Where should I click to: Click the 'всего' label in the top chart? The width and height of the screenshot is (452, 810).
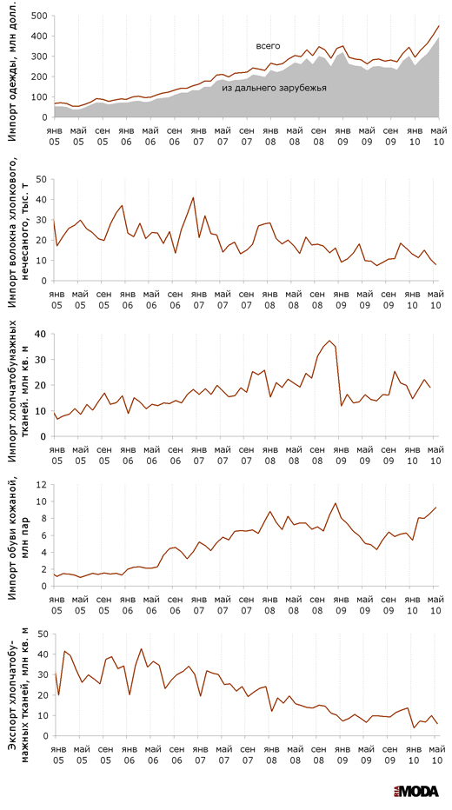coord(268,46)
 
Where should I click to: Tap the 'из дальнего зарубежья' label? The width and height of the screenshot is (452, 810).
coord(275,89)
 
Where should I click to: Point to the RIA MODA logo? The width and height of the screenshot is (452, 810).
coord(415,791)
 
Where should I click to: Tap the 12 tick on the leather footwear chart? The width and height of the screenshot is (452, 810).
coord(42,485)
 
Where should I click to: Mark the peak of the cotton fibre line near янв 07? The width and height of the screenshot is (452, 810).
coord(193,197)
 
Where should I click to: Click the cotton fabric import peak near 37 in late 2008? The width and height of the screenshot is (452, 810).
coord(329,341)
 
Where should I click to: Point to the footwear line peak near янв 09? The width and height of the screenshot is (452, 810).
coord(336,503)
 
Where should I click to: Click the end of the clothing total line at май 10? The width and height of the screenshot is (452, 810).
coord(439,26)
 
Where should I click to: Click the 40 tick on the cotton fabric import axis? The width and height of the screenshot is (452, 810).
coord(43,335)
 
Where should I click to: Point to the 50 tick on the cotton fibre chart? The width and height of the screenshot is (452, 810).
coord(43,179)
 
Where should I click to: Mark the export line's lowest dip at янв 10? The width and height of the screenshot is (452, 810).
coord(415,727)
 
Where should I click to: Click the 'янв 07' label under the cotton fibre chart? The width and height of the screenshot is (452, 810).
coord(199,298)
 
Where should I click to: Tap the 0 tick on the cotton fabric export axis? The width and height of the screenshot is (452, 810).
coord(45,736)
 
